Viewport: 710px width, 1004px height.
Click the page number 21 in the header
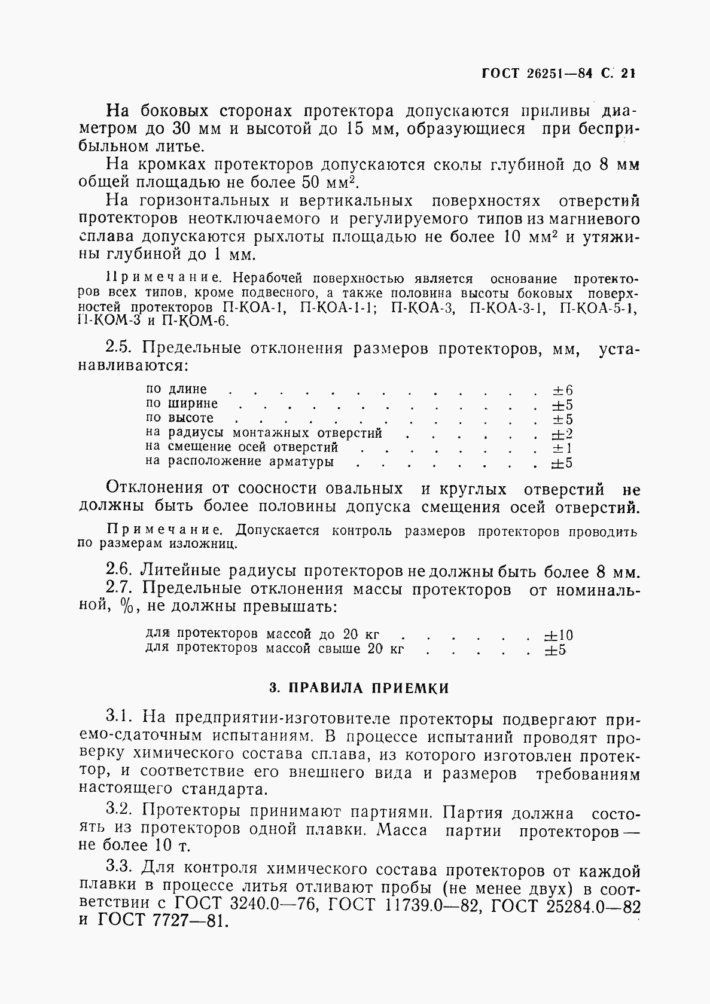(627, 74)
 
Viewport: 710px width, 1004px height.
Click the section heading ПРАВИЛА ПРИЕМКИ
(358, 688)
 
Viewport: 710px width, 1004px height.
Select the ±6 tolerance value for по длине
(562, 390)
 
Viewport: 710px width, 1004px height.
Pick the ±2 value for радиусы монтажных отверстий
(562, 434)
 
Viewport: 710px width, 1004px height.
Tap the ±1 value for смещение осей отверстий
(562, 448)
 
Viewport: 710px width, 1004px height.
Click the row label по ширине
(182, 404)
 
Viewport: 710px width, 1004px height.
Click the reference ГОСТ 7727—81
(162, 920)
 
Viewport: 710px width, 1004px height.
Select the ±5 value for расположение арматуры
(562, 463)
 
